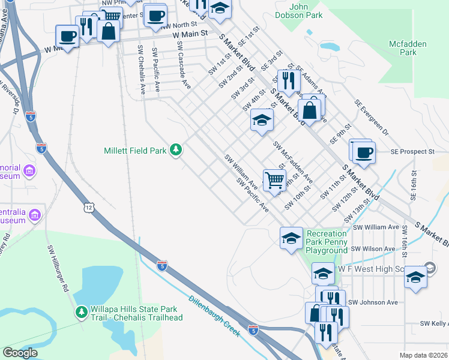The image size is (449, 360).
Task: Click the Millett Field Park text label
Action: (135, 151)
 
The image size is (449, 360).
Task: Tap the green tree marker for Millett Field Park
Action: (175, 149)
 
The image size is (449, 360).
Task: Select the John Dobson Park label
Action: (306, 11)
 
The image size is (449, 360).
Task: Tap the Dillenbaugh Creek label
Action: (214, 316)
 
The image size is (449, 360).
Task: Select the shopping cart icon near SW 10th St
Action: (274, 178)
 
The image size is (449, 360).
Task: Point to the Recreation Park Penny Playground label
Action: (327, 242)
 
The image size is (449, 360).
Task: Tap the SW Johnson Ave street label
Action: (373, 302)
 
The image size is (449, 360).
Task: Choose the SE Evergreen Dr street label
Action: (372, 118)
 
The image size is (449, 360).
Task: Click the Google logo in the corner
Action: (20, 353)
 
